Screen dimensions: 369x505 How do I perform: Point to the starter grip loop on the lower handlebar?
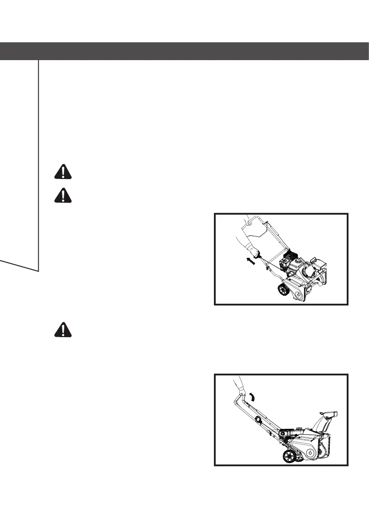tap(258, 419)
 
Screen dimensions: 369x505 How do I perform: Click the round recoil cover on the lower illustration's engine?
tap(283, 434)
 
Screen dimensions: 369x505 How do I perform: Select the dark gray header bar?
tap(184, 51)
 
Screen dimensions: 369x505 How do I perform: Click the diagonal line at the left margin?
tap(20, 265)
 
